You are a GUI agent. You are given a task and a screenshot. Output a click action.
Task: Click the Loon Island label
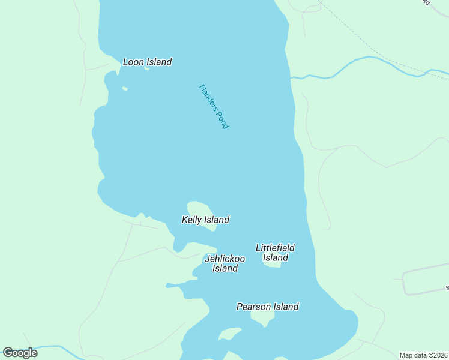[x=147, y=62]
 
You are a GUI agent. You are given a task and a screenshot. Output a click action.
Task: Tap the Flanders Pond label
[x=214, y=106]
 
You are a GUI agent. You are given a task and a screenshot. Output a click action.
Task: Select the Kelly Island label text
[x=205, y=220]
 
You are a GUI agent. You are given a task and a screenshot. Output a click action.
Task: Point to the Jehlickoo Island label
[x=225, y=263]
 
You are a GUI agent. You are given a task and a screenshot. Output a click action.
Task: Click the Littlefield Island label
[x=275, y=253]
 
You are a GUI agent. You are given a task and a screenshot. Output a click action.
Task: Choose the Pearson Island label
[x=267, y=307]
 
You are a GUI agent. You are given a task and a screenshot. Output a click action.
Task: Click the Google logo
[x=20, y=353]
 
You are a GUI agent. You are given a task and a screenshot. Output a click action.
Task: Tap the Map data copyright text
[x=424, y=355]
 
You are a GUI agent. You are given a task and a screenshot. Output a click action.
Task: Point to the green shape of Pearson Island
[x=262, y=316]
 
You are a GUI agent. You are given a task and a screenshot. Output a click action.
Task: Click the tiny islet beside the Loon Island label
[x=146, y=68]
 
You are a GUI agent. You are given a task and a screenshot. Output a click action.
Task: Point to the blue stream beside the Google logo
[x=54, y=346]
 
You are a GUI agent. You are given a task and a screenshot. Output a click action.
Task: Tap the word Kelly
[x=192, y=220]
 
